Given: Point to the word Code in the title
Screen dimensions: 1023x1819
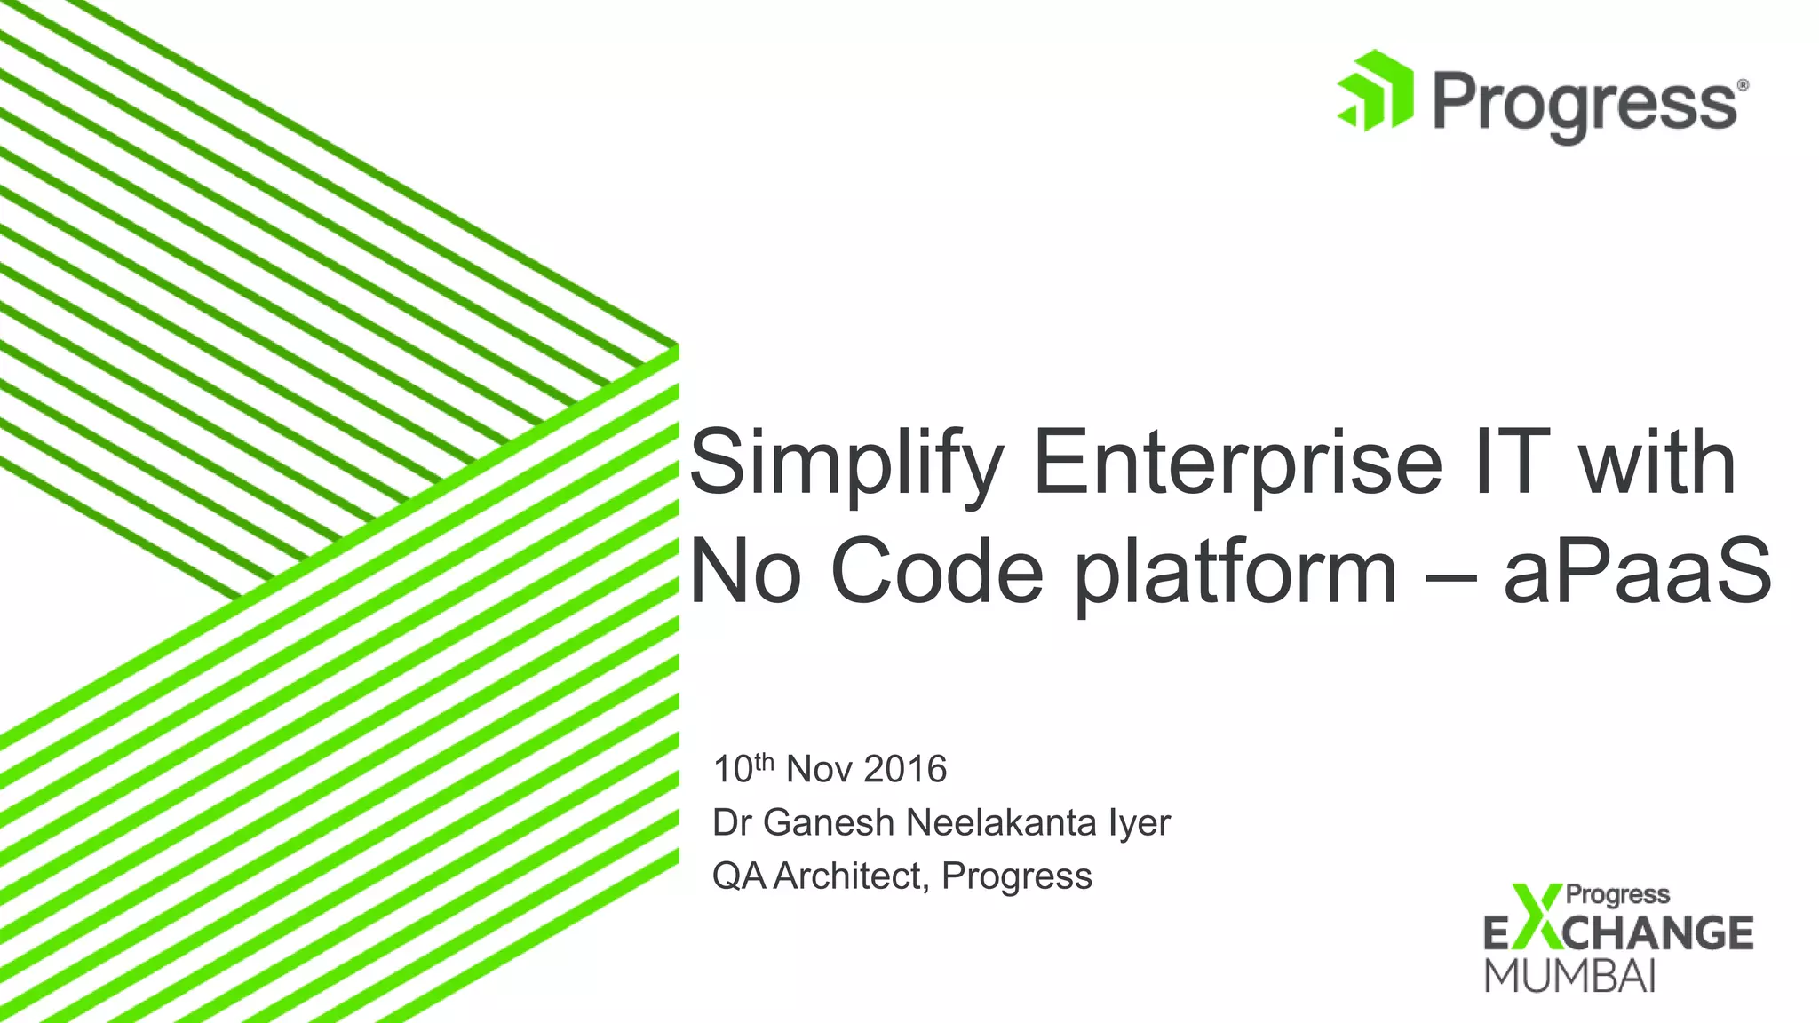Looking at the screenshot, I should coord(936,573).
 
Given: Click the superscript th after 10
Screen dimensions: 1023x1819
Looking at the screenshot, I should coord(765,762).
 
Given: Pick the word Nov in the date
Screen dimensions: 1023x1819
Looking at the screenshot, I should coord(818,769).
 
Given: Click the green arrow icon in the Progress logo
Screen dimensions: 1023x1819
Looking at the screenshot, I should coord(1376,91).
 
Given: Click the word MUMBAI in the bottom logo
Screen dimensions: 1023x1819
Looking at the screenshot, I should coord(1569,976).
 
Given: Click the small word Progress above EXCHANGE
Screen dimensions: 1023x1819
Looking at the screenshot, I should coord(1616,895).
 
